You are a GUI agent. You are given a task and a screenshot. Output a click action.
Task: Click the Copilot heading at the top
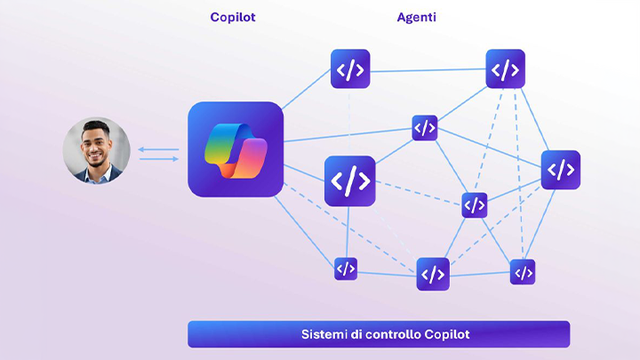(233, 17)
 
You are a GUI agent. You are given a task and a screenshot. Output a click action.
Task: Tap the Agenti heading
(416, 17)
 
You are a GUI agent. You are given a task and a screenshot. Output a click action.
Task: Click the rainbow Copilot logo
(236, 149)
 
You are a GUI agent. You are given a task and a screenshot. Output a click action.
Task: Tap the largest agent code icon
(349, 180)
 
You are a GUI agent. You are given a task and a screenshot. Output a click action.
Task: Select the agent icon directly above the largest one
(350, 68)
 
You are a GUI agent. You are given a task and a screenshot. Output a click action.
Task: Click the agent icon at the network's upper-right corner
(505, 68)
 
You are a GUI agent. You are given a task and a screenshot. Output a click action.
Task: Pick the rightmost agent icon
(560, 170)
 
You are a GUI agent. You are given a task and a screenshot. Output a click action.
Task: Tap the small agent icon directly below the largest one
(346, 268)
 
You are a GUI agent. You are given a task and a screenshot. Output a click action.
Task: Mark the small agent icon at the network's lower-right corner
(523, 272)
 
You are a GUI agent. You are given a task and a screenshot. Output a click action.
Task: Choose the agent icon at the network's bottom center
(433, 274)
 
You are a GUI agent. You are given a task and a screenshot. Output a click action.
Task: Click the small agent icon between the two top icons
(425, 128)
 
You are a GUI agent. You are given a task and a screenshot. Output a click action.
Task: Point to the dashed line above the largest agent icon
(350, 121)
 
